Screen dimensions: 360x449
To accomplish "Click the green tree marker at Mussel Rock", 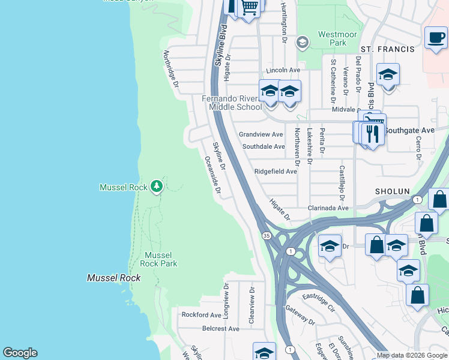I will point(157,187).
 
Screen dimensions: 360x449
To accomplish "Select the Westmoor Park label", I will point(333,38).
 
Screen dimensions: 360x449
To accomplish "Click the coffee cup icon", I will point(435,37).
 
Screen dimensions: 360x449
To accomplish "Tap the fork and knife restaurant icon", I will point(374,133).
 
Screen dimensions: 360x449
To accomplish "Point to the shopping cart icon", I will point(249,7).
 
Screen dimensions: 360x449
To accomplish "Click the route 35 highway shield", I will point(266,236).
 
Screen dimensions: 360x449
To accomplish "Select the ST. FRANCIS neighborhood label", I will point(387,49).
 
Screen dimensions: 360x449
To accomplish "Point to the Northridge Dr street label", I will point(171,71).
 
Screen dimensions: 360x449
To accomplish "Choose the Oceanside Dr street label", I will point(213,177).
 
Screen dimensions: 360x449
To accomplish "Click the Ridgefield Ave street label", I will point(276,171).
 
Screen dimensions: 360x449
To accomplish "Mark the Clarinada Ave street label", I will point(328,208).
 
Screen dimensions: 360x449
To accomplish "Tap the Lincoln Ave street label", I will point(283,70).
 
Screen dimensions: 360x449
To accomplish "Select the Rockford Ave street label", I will point(202,314).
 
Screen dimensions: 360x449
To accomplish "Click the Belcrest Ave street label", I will point(220,329).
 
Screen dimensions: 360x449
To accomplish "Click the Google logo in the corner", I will point(20,353).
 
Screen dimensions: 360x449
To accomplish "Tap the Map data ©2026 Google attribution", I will point(412,355).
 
